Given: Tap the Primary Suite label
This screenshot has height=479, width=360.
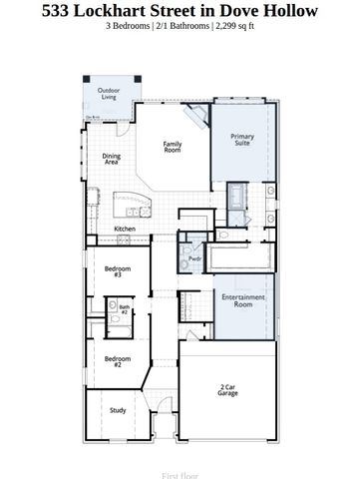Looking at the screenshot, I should tap(241, 140).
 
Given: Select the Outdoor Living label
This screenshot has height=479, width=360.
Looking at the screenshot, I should tap(108, 94).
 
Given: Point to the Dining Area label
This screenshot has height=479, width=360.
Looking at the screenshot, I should tap(112, 158).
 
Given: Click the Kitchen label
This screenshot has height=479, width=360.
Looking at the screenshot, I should tap(125, 229).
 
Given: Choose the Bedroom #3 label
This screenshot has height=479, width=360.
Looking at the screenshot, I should tap(118, 270).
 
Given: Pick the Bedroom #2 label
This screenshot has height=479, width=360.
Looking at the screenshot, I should tap(118, 361).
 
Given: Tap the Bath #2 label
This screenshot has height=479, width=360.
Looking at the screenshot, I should tap(125, 310).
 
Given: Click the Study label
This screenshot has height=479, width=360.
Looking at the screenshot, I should tap(118, 410).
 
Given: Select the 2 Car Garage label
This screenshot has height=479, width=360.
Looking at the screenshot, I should tap(228, 390).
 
